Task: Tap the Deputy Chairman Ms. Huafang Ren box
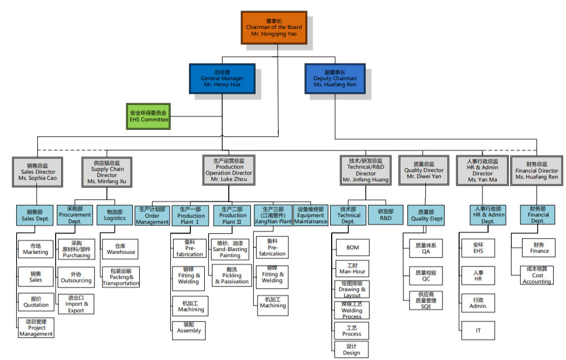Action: click(334, 78)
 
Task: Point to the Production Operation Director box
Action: click(229, 170)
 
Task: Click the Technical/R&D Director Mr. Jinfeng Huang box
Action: click(366, 170)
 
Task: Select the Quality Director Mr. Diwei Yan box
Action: click(424, 170)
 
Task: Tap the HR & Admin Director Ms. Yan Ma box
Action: click(483, 170)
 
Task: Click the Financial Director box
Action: click(537, 170)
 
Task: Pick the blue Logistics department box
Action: click(115, 215)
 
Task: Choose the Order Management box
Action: click(152, 215)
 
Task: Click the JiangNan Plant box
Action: click(272, 215)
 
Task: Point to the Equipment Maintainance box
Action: click(310, 215)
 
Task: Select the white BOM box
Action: click(352, 248)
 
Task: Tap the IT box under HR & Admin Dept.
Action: click(478, 330)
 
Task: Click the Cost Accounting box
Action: click(537, 275)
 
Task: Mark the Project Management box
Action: click(36, 328)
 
